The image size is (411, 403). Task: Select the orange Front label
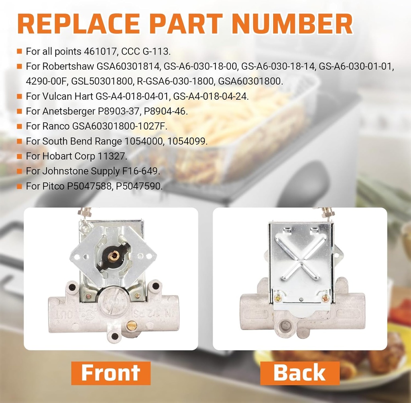[111, 373]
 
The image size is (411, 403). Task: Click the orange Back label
[299, 373]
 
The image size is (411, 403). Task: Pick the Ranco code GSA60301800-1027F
[120, 126]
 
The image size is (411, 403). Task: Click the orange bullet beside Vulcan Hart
[20, 97]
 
